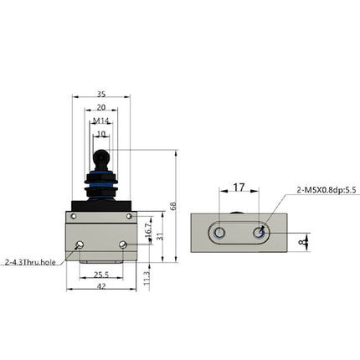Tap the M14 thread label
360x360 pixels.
coord(100,121)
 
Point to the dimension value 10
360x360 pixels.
coord(100,133)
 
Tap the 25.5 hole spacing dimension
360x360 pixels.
coord(100,274)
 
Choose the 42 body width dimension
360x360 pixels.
coord(100,286)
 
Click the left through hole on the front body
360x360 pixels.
coord(79,244)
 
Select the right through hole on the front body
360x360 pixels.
coord(123,244)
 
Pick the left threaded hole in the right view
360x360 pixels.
coord(219,233)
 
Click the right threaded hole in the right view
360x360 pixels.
coord(260,233)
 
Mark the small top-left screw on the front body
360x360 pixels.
coord(74,217)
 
